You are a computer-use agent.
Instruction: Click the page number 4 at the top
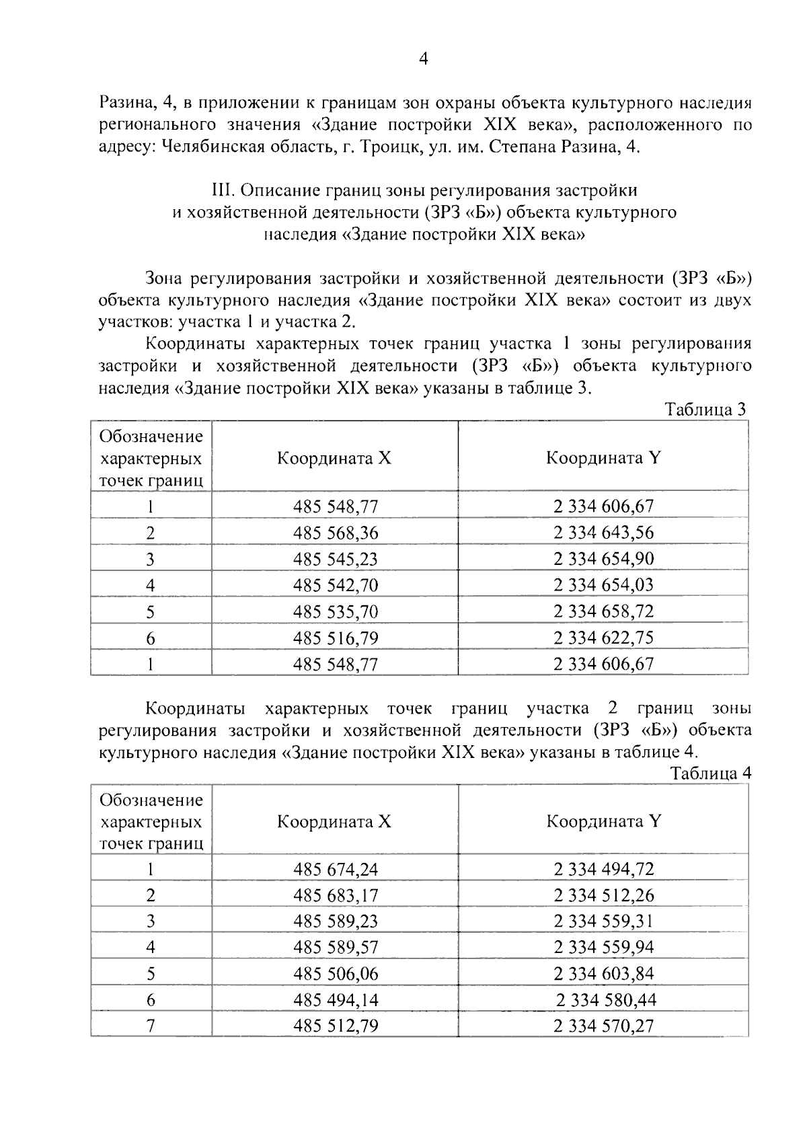click(x=423, y=59)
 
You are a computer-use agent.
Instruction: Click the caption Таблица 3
click(x=705, y=410)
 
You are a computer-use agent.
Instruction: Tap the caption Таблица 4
click(x=711, y=773)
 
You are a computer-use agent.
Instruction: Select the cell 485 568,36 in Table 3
click(x=335, y=533)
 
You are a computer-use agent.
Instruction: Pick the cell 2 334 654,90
click(x=603, y=559)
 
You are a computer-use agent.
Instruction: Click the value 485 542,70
click(x=335, y=585)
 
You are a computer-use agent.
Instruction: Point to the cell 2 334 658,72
click(x=603, y=611)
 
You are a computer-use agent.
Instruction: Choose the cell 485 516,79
click(x=335, y=638)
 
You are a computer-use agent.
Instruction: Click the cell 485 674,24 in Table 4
click(x=335, y=869)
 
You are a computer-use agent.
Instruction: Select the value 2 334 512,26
click(x=603, y=895)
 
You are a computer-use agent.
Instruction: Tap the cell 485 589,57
click(x=335, y=948)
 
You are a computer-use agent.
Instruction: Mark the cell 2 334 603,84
click(x=603, y=974)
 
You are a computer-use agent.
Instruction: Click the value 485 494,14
click(x=335, y=1000)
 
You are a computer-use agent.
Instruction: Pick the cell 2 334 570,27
click(x=603, y=1026)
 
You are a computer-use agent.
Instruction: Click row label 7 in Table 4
click(x=151, y=1026)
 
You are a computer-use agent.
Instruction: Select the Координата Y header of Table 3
click(x=603, y=458)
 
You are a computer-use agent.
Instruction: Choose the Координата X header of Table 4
click(x=334, y=821)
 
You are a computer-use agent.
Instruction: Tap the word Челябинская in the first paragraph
click(x=212, y=148)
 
